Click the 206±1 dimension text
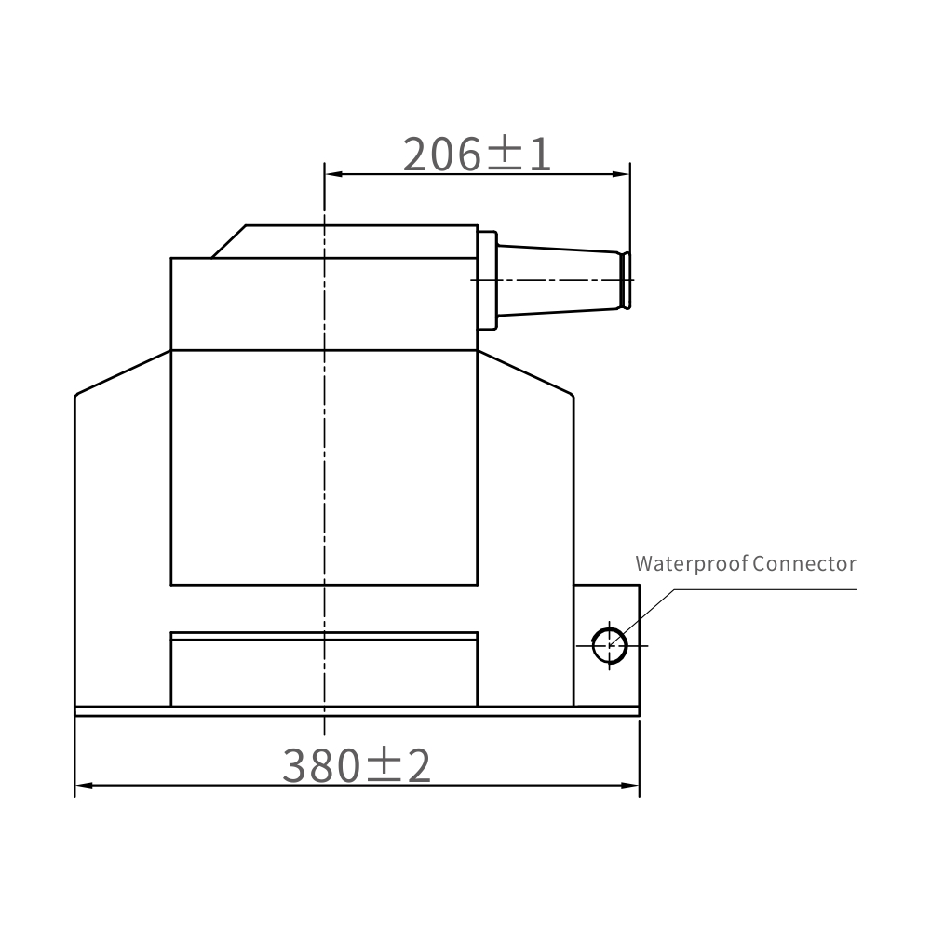click(x=477, y=154)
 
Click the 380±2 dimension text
click(x=357, y=765)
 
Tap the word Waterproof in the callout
click(x=692, y=563)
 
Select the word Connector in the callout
click(x=804, y=563)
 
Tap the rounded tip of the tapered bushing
click(x=627, y=279)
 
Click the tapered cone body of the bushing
click(x=559, y=279)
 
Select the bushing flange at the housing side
click(x=487, y=279)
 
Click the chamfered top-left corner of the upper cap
click(x=229, y=241)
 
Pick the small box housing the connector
click(x=606, y=614)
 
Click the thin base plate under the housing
click(x=357, y=711)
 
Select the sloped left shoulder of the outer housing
click(x=122, y=372)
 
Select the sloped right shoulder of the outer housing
click(x=526, y=372)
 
